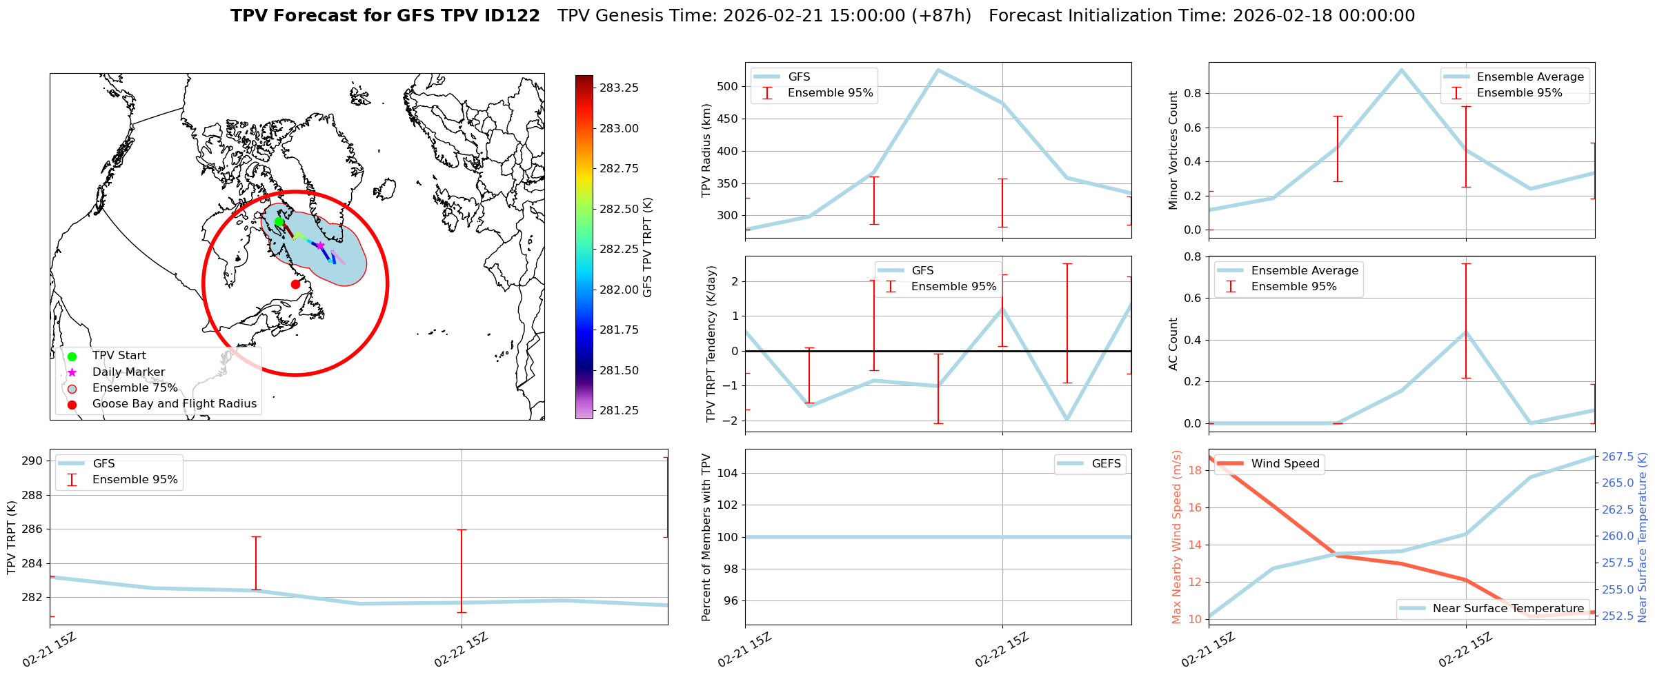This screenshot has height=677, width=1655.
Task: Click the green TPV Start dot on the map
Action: click(x=279, y=222)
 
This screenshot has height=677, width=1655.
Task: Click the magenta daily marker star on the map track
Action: click(x=320, y=245)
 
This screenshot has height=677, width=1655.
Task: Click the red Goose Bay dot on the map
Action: click(x=295, y=284)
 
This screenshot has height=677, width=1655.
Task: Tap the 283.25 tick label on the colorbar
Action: click(x=619, y=88)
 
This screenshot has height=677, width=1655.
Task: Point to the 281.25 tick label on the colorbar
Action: click(x=619, y=411)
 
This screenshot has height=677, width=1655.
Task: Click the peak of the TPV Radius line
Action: click(x=938, y=70)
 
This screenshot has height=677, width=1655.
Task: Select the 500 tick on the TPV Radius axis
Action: click(x=729, y=87)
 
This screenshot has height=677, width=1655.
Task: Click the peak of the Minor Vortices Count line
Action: click(x=1401, y=70)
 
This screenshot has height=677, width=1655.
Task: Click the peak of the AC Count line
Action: click(x=1466, y=332)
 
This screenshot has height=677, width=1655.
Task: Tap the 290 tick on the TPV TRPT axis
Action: click(x=33, y=461)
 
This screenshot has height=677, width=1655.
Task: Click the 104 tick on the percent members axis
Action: click(x=729, y=473)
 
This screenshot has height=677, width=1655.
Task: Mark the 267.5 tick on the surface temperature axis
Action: click(x=1618, y=457)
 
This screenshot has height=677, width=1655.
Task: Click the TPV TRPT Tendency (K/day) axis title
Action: click(x=711, y=344)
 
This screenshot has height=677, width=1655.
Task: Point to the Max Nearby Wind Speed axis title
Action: click(x=1177, y=537)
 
